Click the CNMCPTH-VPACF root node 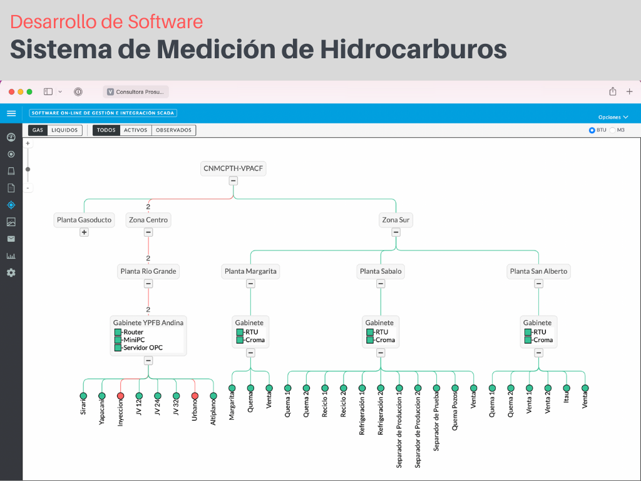pyautogui.click(x=233, y=168)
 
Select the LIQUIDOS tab pyautogui.click(x=64, y=130)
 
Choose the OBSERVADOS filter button pyautogui.click(x=174, y=130)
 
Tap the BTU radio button pyautogui.click(x=592, y=130)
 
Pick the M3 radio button pyautogui.click(x=612, y=130)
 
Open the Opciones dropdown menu pyautogui.click(x=613, y=117)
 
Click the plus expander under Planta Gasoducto pyautogui.click(x=85, y=232)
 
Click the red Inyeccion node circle pyautogui.click(x=120, y=396)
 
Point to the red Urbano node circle pyautogui.click(x=195, y=396)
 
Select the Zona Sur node pyautogui.click(x=396, y=220)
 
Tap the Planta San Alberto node pyautogui.click(x=538, y=271)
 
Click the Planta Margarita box pyautogui.click(x=250, y=271)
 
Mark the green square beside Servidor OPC pyautogui.click(x=118, y=348)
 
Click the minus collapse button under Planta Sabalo pyautogui.click(x=381, y=284)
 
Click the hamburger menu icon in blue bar pyautogui.click(x=11, y=113)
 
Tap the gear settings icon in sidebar pyautogui.click(x=11, y=273)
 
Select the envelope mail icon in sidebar pyautogui.click(x=11, y=239)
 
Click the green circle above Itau pyautogui.click(x=567, y=388)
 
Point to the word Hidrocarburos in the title pyautogui.click(x=413, y=49)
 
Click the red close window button pyautogui.click(x=11, y=91)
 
